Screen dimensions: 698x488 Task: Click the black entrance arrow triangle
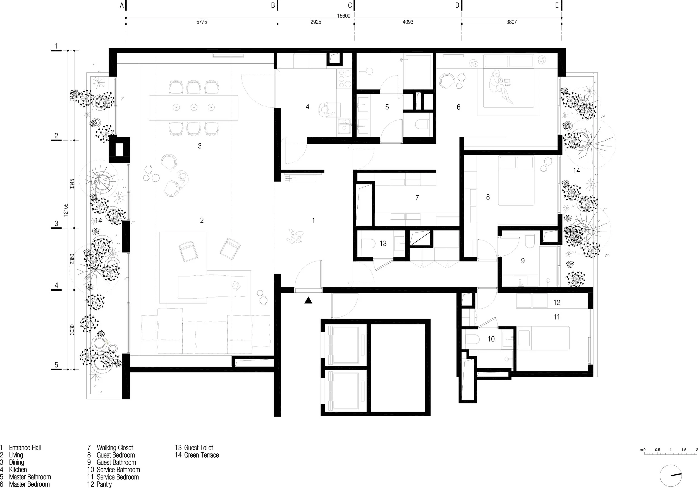308,300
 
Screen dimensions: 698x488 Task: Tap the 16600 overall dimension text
343,16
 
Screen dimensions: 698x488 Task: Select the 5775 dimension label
202,22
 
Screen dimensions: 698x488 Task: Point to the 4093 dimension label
408,22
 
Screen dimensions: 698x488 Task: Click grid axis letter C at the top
350,6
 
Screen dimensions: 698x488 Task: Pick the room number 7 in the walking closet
417,198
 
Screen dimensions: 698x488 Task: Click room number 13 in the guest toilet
383,243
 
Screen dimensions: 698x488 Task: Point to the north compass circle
670,476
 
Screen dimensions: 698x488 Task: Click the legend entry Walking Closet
114,448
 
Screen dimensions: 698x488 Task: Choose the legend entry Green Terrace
201,455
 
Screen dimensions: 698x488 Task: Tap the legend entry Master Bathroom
30,477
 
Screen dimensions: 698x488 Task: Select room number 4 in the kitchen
307,107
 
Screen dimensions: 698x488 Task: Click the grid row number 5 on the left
56,365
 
